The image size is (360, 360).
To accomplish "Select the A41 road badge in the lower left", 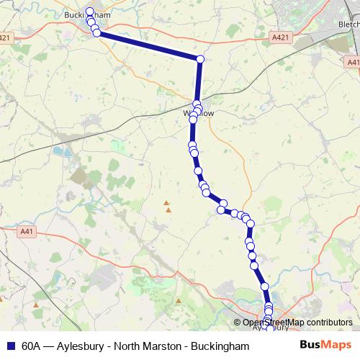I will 27,231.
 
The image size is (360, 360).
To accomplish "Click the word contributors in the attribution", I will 328,323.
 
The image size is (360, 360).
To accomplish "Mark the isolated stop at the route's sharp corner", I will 200,59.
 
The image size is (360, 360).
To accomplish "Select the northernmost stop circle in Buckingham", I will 90,11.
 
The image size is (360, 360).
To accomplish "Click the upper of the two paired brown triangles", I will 167,203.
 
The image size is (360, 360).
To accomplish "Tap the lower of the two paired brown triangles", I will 168,210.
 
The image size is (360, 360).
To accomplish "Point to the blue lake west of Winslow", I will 57,152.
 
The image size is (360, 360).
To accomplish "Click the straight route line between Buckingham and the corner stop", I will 148,46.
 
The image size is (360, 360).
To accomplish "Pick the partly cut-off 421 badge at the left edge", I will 4,37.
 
